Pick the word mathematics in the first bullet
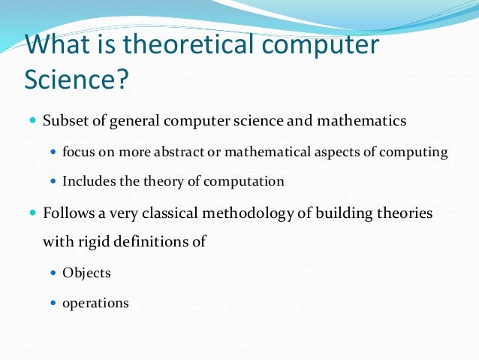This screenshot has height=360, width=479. [365, 121]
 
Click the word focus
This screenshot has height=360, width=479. [77, 152]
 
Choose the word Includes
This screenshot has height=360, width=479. [87, 181]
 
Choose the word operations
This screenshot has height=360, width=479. [95, 304]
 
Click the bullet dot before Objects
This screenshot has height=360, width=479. [53, 273]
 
